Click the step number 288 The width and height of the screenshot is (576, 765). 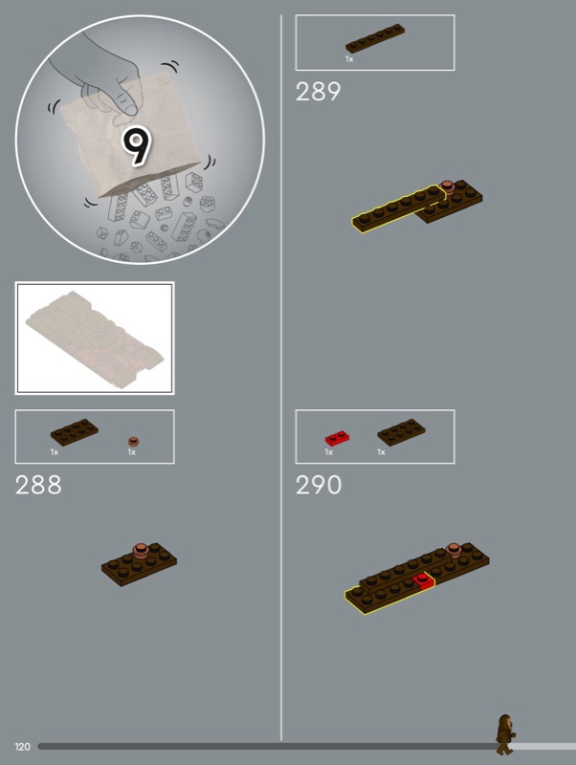38,485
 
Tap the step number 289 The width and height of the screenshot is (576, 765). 318,92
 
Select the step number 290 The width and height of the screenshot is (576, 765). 319,485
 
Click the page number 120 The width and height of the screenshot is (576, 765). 22,747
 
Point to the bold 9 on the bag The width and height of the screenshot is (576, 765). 136,145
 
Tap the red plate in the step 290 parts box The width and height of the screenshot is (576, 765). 337,438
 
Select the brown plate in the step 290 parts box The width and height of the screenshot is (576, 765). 401,432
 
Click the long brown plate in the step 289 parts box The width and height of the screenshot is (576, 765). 375,38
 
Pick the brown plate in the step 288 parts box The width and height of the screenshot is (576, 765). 75,432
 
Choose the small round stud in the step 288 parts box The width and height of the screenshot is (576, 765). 134,442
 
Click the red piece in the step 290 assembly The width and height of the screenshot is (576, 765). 423,581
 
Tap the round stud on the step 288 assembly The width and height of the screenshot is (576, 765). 141,551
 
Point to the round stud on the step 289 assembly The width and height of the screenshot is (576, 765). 446,187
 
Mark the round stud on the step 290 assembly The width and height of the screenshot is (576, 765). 454,550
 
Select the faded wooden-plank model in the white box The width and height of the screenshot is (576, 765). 95,339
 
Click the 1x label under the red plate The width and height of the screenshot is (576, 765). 329,452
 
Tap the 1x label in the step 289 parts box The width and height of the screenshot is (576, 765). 349,59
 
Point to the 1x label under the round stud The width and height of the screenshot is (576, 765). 132,452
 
